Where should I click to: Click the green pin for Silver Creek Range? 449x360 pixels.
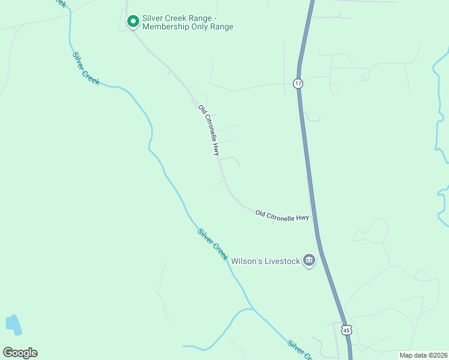133,21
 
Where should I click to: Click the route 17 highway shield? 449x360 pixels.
298,83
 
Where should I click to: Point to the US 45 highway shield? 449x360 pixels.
346,331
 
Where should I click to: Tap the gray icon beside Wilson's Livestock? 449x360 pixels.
309,260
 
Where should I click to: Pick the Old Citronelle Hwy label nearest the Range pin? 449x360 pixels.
209,131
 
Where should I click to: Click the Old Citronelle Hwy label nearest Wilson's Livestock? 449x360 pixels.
282,215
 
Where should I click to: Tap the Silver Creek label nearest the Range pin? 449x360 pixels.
86,68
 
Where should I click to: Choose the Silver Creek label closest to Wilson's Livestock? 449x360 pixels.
212,244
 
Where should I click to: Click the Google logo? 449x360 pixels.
20,353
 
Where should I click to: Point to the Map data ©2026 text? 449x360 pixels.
423,355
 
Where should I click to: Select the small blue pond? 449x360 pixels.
13,324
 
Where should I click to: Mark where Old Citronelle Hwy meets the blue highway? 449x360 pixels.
313,218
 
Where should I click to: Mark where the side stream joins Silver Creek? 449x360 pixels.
253,310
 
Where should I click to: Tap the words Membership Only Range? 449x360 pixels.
188,27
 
